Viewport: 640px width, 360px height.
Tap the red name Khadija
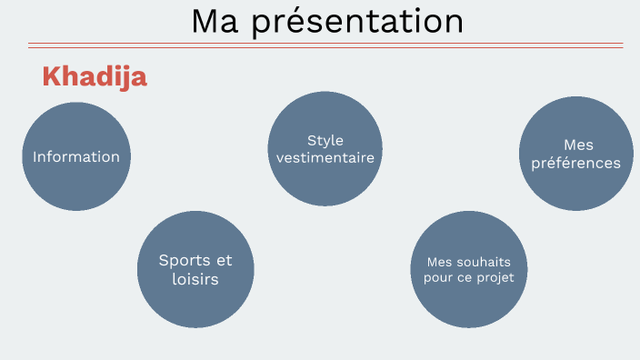[x=95, y=77]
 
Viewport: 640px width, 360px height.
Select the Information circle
[x=76, y=156]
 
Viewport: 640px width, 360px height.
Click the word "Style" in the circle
[x=325, y=140]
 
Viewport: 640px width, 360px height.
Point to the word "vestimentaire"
[x=325, y=157]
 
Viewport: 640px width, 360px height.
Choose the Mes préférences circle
[x=576, y=155]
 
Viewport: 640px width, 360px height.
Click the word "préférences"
[x=576, y=164]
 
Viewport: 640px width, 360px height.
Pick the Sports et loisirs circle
[x=195, y=269]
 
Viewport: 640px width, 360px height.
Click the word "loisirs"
[x=195, y=279]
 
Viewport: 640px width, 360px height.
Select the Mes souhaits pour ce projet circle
[x=469, y=270]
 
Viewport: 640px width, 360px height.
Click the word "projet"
[x=496, y=277]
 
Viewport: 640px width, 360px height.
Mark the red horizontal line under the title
[x=325, y=45]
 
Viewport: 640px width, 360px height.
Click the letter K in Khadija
[x=51, y=77]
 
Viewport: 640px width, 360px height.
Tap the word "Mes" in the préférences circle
[x=577, y=145]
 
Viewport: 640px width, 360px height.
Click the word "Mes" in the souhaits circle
[x=441, y=262]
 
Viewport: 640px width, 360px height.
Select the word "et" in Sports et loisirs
[x=224, y=260]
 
